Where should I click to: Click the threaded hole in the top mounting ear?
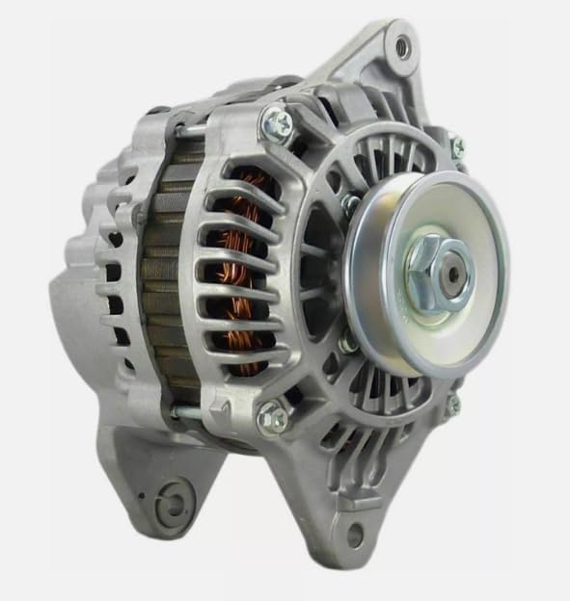[x=401, y=44]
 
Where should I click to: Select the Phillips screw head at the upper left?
[x=277, y=125]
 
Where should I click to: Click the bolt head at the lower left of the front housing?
[x=273, y=417]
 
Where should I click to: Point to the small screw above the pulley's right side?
[x=456, y=145]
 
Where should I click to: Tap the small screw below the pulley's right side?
[x=452, y=406]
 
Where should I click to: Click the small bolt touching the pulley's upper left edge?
[x=351, y=204]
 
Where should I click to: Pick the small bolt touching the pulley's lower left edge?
[x=348, y=340]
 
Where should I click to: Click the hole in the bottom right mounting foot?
[x=355, y=537]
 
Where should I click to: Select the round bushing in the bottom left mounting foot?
[x=176, y=502]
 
